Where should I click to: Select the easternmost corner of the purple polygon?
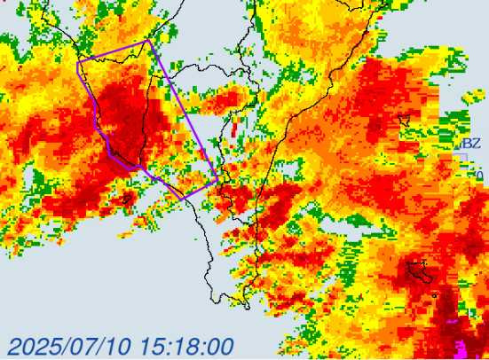pyautogui.click(x=218, y=182)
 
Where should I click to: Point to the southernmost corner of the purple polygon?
pyautogui.click(x=185, y=197)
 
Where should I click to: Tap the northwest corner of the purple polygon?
pyautogui.click(x=78, y=61)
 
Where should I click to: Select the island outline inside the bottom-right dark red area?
pyautogui.click(x=420, y=271)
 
